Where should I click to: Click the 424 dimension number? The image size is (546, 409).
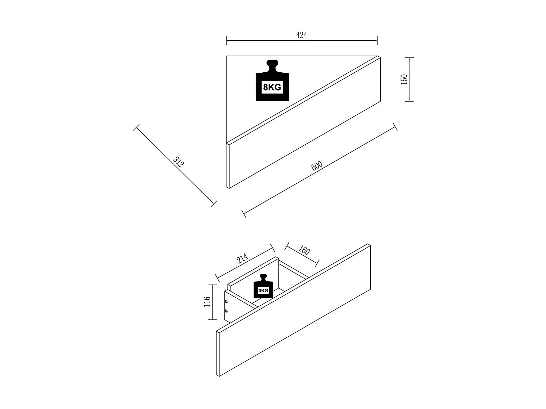(x=302, y=35)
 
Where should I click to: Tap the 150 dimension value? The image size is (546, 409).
(x=404, y=79)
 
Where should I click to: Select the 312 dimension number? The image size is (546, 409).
(x=178, y=162)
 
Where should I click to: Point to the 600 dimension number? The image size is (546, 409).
(x=317, y=165)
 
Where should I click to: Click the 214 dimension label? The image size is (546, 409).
(x=242, y=258)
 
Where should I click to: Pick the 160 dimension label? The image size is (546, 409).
(x=304, y=250)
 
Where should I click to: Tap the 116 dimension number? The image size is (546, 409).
(x=207, y=302)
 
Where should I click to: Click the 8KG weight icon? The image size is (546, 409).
(x=272, y=80)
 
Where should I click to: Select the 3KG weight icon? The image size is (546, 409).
(x=263, y=286)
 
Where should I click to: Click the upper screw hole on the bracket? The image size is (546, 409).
(x=226, y=302)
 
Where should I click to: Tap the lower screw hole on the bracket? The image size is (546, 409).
(x=226, y=311)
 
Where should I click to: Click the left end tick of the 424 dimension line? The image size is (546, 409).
(x=226, y=40)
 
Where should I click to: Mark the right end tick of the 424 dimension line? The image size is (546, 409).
(x=377, y=40)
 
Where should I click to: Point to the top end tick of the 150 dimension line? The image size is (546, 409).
(x=409, y=58)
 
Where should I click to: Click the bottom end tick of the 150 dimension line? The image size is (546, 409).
(x=409, y=101)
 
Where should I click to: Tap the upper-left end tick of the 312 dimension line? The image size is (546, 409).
(x=136, y=127)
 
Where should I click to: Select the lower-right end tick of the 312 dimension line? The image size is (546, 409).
(x=214, y=204)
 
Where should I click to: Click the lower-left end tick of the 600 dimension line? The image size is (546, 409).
(x=244, y=214)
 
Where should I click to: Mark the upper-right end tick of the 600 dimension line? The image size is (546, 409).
(x=395, y=126)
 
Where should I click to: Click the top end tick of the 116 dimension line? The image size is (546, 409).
(x=212, y=284)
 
